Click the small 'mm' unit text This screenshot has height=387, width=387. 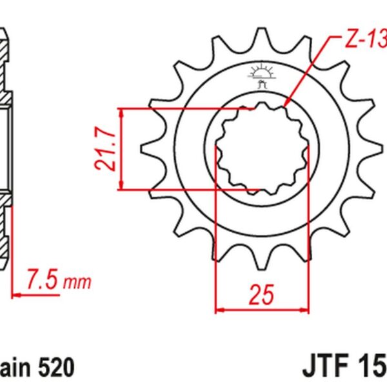point(80,283)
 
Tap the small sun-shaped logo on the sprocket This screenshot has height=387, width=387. point(261,73)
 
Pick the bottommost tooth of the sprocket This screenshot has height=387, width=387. point(262,265)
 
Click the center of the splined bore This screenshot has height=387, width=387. point(262,149)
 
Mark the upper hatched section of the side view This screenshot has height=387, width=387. point(5,64)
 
